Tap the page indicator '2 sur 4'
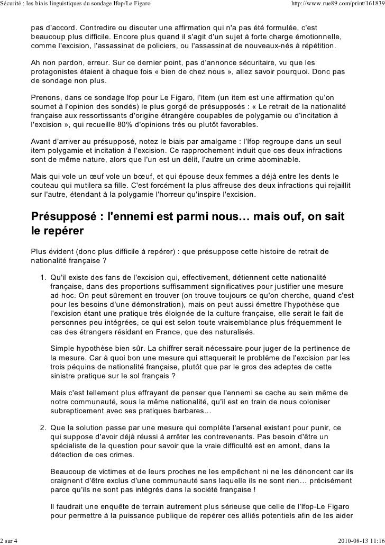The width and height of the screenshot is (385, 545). click(9, 540)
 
